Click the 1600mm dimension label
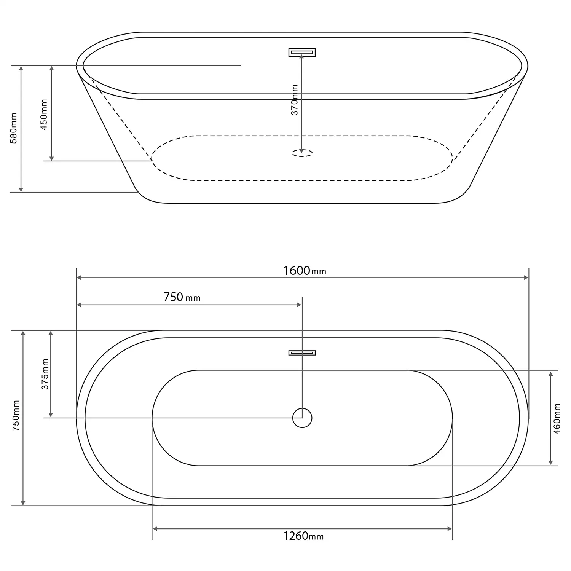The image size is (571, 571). coord(305,271)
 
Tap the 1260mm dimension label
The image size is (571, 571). coord(303,536)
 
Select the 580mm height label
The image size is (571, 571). coord(14,128)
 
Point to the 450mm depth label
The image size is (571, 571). coord(44,115)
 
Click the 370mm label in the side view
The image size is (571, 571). coord(295,100)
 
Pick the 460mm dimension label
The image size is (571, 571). coord(557,419)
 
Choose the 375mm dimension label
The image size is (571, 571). coord(45,374)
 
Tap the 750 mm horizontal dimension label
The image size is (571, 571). coord(182,297)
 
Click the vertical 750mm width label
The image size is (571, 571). coord(16,415)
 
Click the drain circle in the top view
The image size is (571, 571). coord(302,418)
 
